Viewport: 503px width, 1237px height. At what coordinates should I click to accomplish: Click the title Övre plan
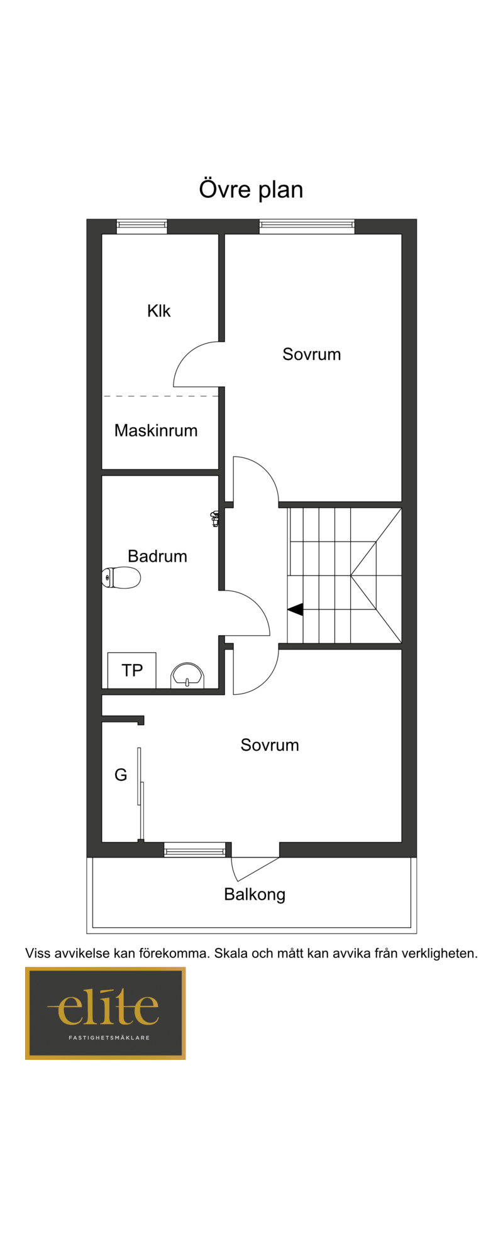click(251, 189)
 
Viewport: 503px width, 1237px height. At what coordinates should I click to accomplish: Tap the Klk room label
click(158, 310)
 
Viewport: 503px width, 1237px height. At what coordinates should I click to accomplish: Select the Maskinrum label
click(156, 430)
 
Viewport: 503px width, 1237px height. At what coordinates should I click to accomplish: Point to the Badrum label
click(157, 556)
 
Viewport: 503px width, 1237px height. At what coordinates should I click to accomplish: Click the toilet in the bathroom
click(121, 577)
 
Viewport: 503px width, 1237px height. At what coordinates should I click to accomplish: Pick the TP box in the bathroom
click(132, 670)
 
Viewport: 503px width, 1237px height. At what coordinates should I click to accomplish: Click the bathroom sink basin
click(187, 675)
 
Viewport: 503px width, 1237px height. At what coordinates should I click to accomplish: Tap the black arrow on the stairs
click(296, 609)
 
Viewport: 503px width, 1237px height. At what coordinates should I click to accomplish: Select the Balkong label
click(255, 895)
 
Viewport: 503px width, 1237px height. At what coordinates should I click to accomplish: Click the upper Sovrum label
click(312, 354)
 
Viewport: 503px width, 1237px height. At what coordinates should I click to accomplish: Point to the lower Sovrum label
click(270, 745)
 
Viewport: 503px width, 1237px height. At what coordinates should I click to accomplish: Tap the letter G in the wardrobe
click(121, 775)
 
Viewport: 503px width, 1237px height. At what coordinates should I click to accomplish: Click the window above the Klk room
click(142, 226)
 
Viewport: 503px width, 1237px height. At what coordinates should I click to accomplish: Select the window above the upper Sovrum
click(307, 226)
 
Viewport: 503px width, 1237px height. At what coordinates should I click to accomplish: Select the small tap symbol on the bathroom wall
click(215, 518)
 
